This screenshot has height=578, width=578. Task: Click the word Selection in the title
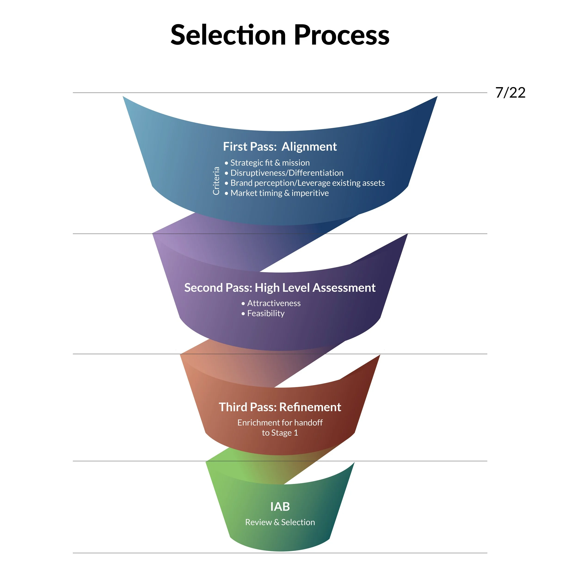tap(228, 35)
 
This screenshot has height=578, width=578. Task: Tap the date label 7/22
tap(510, 93)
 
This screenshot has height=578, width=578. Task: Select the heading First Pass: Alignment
tap(280, 147)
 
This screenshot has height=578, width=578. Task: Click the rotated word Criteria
tap(216, 181)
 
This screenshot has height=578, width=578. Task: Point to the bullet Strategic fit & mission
tap(270, 163)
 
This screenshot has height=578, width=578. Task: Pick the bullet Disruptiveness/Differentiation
tap(287, 173)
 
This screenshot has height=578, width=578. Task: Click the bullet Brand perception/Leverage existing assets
tap(307, 183)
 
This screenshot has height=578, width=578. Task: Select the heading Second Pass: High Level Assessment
tap(280, 288)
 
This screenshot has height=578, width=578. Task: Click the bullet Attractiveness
tap(274, 303)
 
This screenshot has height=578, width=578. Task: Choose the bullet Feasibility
tap(266, 313)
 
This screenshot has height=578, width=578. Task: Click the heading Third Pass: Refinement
tap(280, 407)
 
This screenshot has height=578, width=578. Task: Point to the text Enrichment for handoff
tap(280, 422)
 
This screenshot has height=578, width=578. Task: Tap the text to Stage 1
tap(280, 433)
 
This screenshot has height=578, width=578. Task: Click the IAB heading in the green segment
tap(280, 507)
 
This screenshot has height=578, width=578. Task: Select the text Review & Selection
tap(280, 522)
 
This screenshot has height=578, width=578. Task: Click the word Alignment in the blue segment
tap(309, 147)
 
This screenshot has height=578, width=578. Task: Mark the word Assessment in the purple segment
tap(344, 288)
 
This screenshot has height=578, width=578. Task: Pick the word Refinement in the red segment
tap(310, 407)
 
